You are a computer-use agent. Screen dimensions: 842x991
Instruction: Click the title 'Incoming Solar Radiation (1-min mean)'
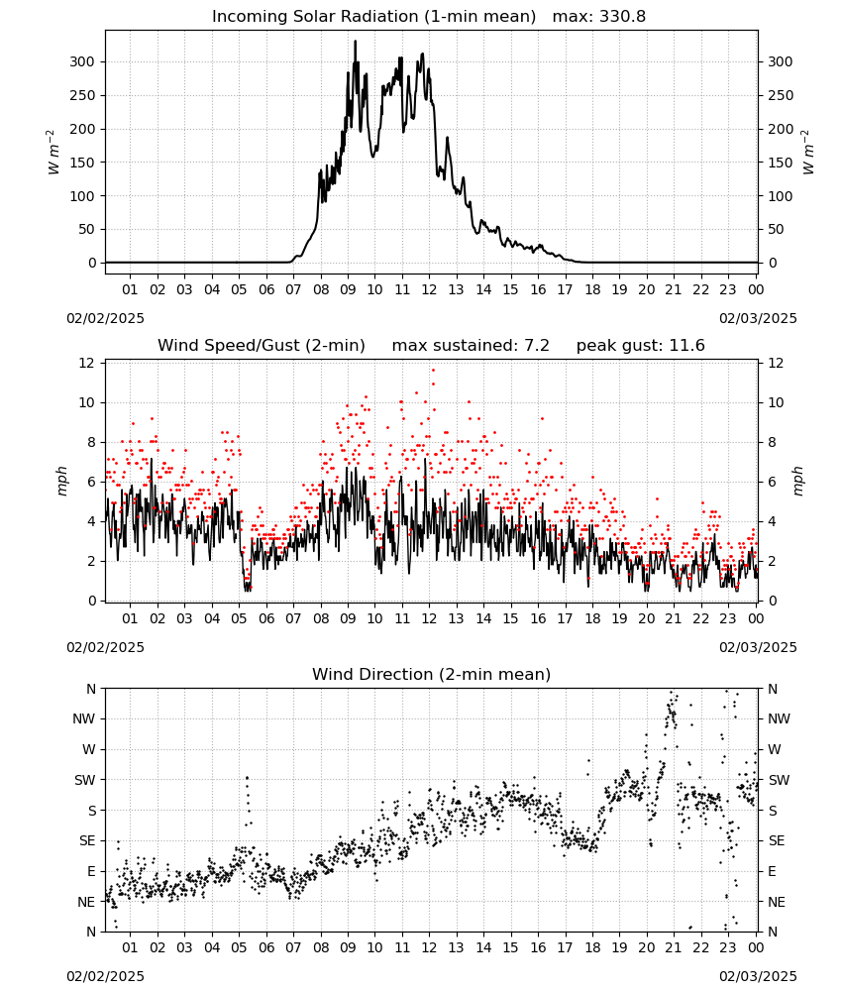pyautogui.click(x=373, y=17)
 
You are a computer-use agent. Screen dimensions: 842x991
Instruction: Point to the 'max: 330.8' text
pyautogui.click(x=599, y=17)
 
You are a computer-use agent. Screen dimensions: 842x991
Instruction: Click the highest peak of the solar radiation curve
pyautogui.click(x=355, y=41)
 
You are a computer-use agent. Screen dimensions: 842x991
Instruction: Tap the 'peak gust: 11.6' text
pyautogui.click(x=641, y=346)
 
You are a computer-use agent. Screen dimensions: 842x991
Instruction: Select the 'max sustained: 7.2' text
pyautogui.click(x=471, y=346)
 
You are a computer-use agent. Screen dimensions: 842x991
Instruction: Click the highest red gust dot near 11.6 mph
pyautogui.click(x=433, y=370)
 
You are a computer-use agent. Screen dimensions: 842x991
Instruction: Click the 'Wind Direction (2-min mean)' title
pyautogui.click(x=432, y=674)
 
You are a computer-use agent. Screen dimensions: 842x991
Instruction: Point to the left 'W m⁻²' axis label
pyautogui.click(x=53, y=152)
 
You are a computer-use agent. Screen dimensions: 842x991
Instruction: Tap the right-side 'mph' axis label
pyautogui.click(x=797, y=481)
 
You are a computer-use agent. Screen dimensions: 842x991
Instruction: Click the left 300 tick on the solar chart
pyautogui.click(x=82, y=61)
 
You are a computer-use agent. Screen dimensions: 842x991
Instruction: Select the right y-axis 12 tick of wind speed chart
pyautogui.click(x=776, y=363)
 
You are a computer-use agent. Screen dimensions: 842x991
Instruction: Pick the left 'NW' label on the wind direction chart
pyautogui.click(x=84, y=718)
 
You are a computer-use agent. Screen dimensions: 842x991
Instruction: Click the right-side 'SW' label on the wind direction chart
pyautogui.click(x=780, y=780)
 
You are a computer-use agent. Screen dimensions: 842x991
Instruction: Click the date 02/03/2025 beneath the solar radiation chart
pyautogui.click(x=758, y=318)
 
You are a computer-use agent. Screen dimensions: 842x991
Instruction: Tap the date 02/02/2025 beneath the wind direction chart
pyautogui.click(x=105, y=976)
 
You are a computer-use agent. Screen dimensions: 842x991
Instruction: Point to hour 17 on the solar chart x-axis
pyautogui.click(x=565, y=289)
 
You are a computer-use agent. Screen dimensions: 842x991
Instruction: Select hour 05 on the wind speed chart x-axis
pyautogui.click(x=239, y=618)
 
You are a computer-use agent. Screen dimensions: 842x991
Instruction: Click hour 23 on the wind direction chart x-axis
pyautogui.click(x=728, y=947)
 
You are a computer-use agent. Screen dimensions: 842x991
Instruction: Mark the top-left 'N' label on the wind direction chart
pyautogui.click(x=91, y=689)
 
